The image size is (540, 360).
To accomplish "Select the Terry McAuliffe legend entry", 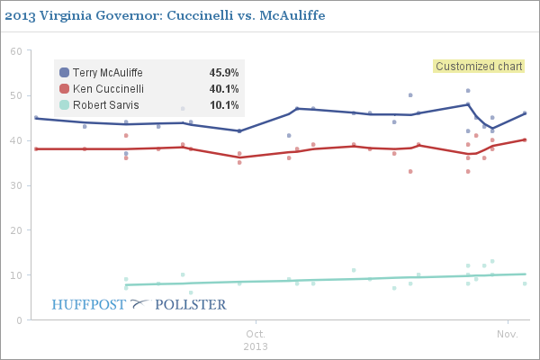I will click(x=107, y=73).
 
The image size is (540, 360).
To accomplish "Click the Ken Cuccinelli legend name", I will click(x=106, y=89).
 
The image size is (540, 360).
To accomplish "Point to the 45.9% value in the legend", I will click(x=224, y=73).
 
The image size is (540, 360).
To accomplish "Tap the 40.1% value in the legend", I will click(x=224, y=89).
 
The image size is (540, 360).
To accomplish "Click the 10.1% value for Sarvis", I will click(x=224, y=105).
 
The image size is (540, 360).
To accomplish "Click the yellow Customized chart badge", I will click(x=479, y=66).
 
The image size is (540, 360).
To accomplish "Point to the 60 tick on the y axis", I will click(x=15, y=51).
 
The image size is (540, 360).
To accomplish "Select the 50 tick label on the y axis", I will click(x=15, y=96).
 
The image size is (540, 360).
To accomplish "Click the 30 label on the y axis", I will click(x=15, y=185).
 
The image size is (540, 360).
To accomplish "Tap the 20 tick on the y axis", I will click(x=15, y=230).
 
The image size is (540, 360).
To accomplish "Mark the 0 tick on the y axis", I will click(x=18, y=320).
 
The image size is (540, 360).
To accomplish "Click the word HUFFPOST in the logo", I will click(x=90, y=304).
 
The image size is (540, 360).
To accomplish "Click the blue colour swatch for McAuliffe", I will click(x=64, y=73).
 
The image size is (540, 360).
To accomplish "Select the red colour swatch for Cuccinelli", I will click(x=64, y=89).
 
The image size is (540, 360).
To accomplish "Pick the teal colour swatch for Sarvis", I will click(x=64, y=105).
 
